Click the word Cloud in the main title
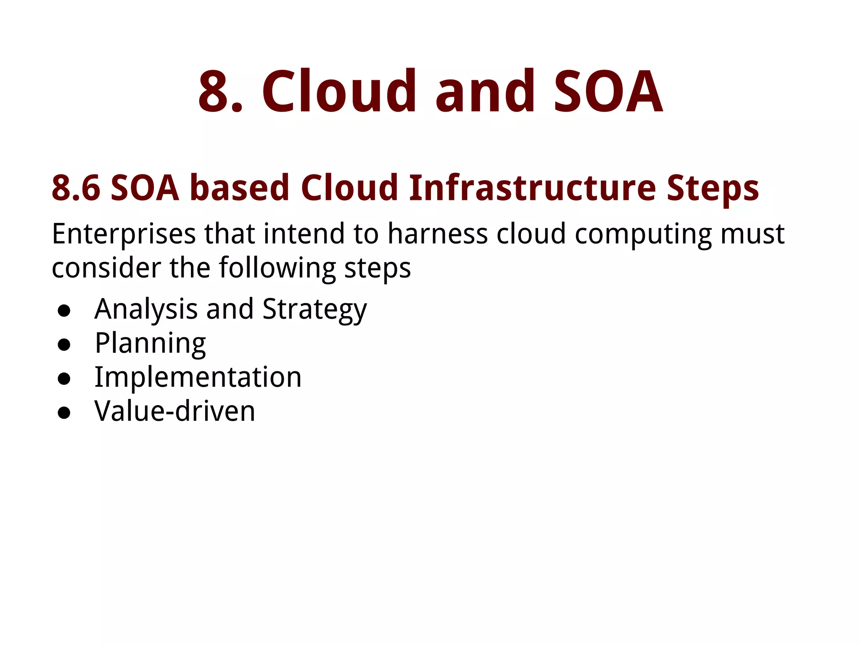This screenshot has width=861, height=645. click(339, 92)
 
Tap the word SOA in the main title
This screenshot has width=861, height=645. click(608, 92)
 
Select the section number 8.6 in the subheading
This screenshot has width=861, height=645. click(76, 188)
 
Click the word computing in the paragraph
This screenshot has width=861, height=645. click(643, 234)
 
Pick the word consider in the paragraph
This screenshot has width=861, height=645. click(106, 268)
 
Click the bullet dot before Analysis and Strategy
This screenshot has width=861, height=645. click(64, 311)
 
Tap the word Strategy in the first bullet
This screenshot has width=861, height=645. click(314, 310)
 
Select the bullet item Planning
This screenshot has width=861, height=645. click(150, 344)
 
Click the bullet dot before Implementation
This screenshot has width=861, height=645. click(64, 379)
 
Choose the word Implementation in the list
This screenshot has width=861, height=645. click(198, 378)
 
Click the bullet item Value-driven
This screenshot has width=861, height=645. click(174, 411)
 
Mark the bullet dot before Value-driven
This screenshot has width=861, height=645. click(64, 413)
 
